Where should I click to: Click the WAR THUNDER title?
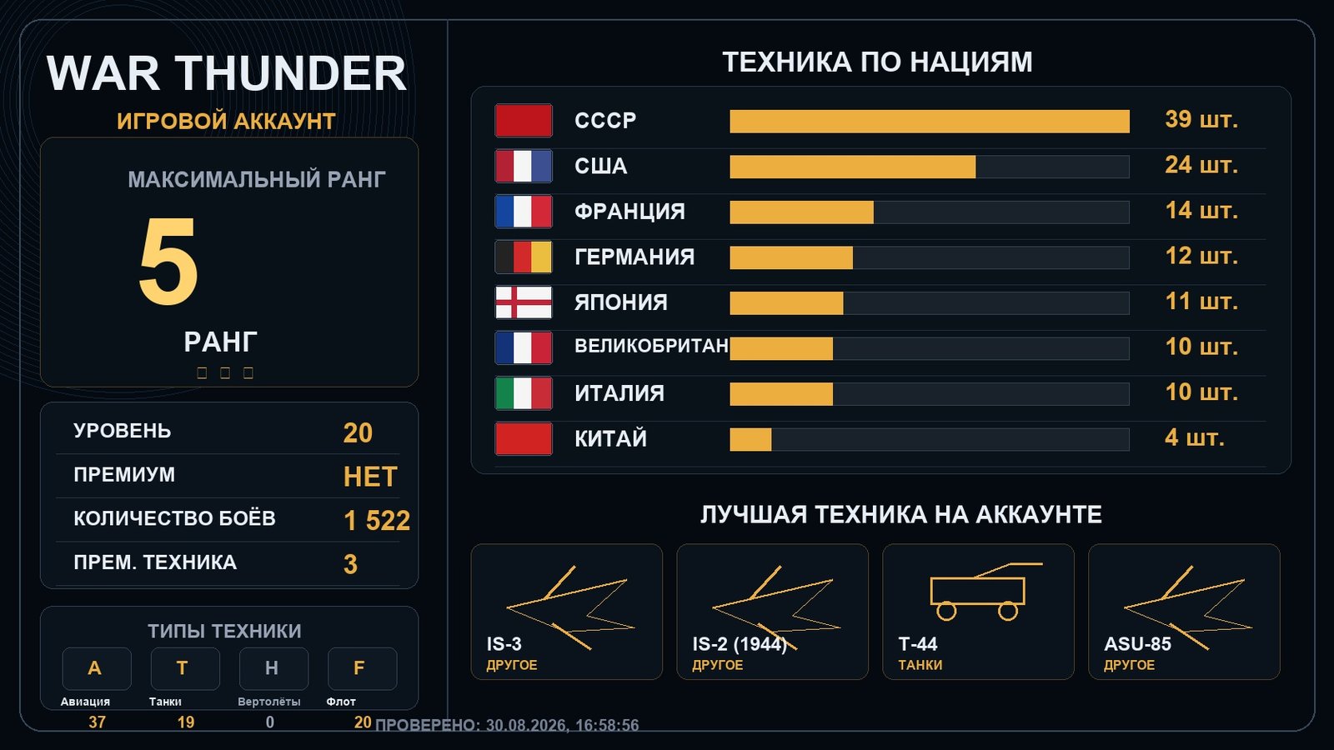tap(226, 73)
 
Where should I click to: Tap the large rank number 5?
tap(168, 261)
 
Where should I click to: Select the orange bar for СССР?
tap(930, 122)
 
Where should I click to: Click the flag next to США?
tap(524, 166)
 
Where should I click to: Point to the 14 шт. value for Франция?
tap(1201, 211)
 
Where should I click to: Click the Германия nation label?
tap(634, 257)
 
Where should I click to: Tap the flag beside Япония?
tap(524, 302)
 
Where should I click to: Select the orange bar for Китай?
tap(750, 439)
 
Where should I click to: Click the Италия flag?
tap(524, 393)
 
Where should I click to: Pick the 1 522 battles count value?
tap(377, 521)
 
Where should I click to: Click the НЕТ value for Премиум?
tap(370, 477)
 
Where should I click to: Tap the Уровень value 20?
tap(358, 432)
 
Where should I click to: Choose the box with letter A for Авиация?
tap(97, 668)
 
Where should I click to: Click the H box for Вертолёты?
tap(274, 668)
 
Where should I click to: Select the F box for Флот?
tap(362, 668)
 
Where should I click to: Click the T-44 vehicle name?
tap(918, 644)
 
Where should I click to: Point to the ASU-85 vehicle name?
tap(1137, 644)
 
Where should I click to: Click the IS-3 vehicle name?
tap(504, 644)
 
